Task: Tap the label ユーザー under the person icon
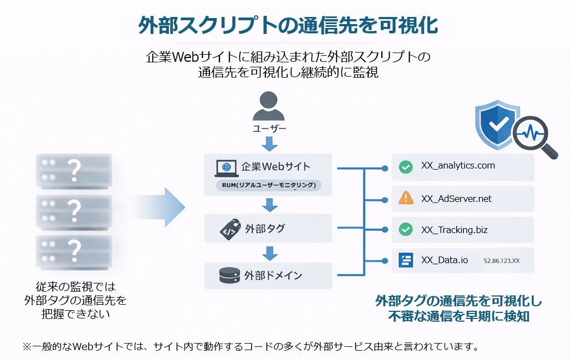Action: (269, 129)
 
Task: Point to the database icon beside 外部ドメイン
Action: (229, 275)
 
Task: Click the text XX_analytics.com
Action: (458, 166)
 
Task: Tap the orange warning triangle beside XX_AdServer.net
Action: (406, 198)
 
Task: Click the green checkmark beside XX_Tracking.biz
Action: (406, 230)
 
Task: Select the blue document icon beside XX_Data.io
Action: (406, 260)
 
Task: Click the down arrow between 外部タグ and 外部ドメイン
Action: (270, 253)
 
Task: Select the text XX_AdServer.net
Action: (456, 199)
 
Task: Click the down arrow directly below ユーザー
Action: (270, 144)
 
